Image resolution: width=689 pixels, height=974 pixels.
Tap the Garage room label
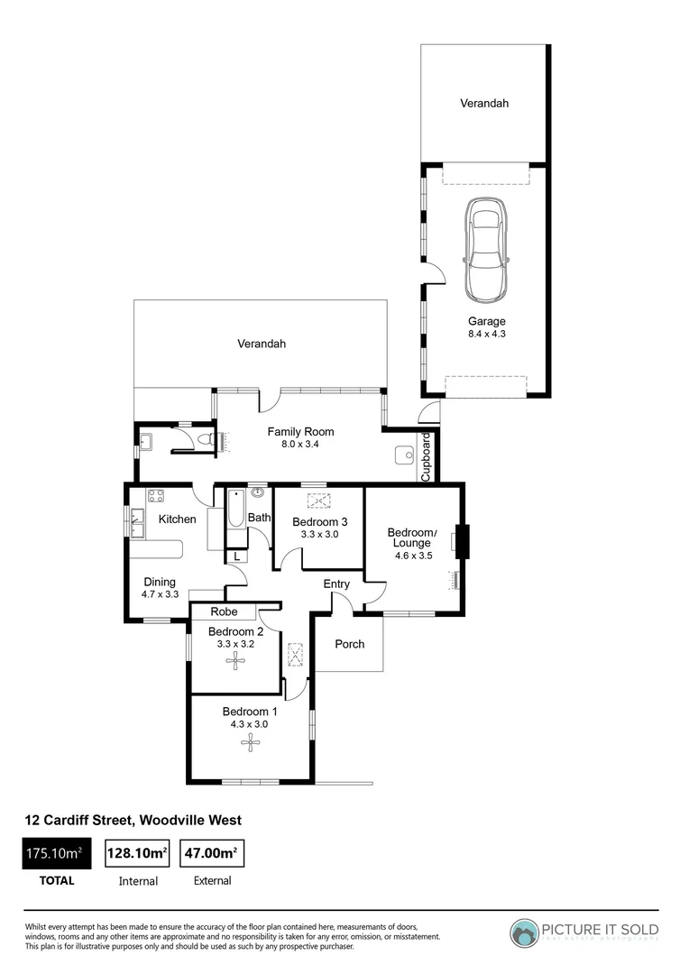click(x=486, y=321)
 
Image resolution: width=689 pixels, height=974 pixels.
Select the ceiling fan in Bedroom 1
click(x=249, y=743)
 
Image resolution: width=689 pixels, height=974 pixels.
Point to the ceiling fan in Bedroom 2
click(x=236, y=661)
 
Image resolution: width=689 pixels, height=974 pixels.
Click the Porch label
click(x=350, y=644)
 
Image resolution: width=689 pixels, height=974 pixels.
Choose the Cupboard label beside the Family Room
click(x=427, y=455)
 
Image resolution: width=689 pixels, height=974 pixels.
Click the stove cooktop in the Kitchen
click(x=154, y=495)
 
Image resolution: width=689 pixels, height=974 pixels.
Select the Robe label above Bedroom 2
click(x=225, y=611)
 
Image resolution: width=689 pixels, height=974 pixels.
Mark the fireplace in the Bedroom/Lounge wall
click(x=462, y=541)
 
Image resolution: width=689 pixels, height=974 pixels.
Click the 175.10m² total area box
click(x=57, y=853)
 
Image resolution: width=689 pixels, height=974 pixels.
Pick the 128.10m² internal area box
click(x=139, y=853)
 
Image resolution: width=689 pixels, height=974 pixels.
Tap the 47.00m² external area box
click(x=213, y=853)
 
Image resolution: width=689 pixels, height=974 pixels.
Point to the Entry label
click(x=336, y=584)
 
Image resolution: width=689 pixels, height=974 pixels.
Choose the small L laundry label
click(x=236, y=556)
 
